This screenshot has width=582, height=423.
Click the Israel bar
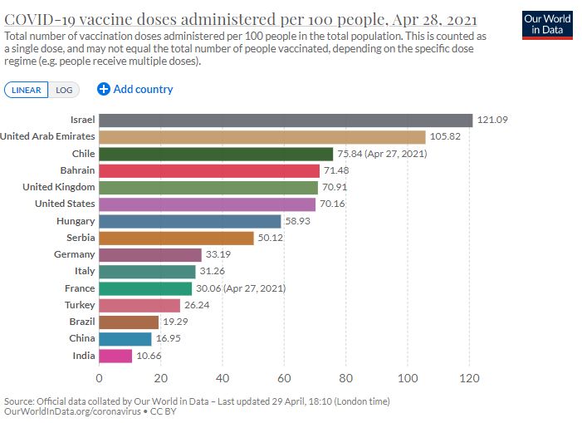285,121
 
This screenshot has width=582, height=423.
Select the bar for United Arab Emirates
262,137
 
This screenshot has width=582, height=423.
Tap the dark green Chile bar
216,154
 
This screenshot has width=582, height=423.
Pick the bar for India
115,356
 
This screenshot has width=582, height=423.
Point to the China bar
125,339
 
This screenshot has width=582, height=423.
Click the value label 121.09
492,121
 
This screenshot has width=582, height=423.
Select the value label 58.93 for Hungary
301,221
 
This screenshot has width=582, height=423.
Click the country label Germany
74,254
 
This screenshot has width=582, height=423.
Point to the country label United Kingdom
58,187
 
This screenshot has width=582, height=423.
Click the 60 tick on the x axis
285,378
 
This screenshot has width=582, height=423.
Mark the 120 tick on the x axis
470,378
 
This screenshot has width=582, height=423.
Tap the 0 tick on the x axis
100,378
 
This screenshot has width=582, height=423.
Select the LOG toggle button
64,90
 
